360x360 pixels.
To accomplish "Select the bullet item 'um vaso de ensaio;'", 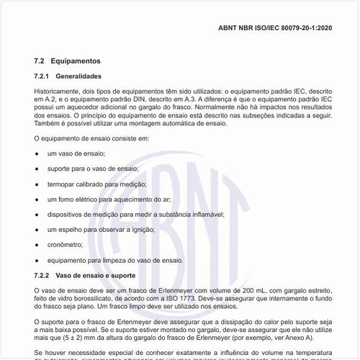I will (x=76, y=154).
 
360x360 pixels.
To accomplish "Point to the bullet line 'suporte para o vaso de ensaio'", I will (x=92, y=169).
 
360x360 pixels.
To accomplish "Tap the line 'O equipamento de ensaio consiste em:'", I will (x=92, y=138).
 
